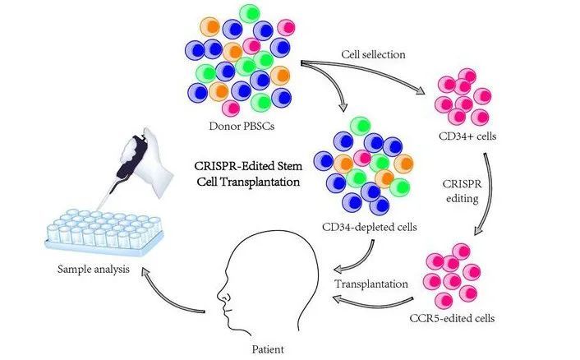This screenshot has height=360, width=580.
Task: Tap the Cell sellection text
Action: coord(375,54)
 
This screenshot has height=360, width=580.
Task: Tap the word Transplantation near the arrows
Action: coord(371,284)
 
